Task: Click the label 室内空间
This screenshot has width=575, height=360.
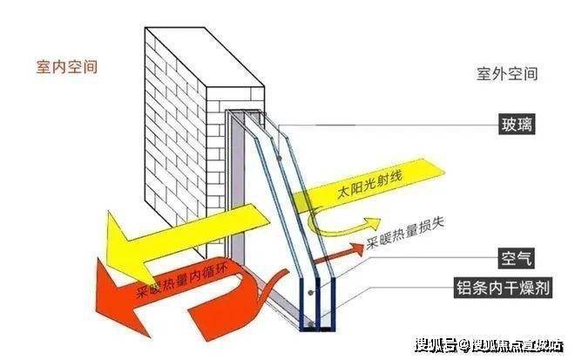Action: coord(67,67)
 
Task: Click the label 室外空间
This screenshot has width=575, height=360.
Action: coord(507,74)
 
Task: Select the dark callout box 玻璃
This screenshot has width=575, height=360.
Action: coord(517,124)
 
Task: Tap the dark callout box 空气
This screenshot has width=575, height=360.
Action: coord(516,258)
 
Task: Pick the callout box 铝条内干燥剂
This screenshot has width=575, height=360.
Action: coord(503,287)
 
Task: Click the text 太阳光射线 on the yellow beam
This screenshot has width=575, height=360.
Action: coord(369,184)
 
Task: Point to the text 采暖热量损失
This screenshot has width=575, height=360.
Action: coord(406,232)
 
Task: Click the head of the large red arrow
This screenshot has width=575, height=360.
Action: coord(121,297)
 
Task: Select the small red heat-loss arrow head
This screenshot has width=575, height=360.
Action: coord(356,248)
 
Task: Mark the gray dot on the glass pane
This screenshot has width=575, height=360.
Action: coord(280,158)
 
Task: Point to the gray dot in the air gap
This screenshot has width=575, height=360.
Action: coord(311,293)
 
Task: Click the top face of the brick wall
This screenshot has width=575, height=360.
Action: coord(206,58)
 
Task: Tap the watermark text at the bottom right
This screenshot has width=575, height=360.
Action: coord(489,345)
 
